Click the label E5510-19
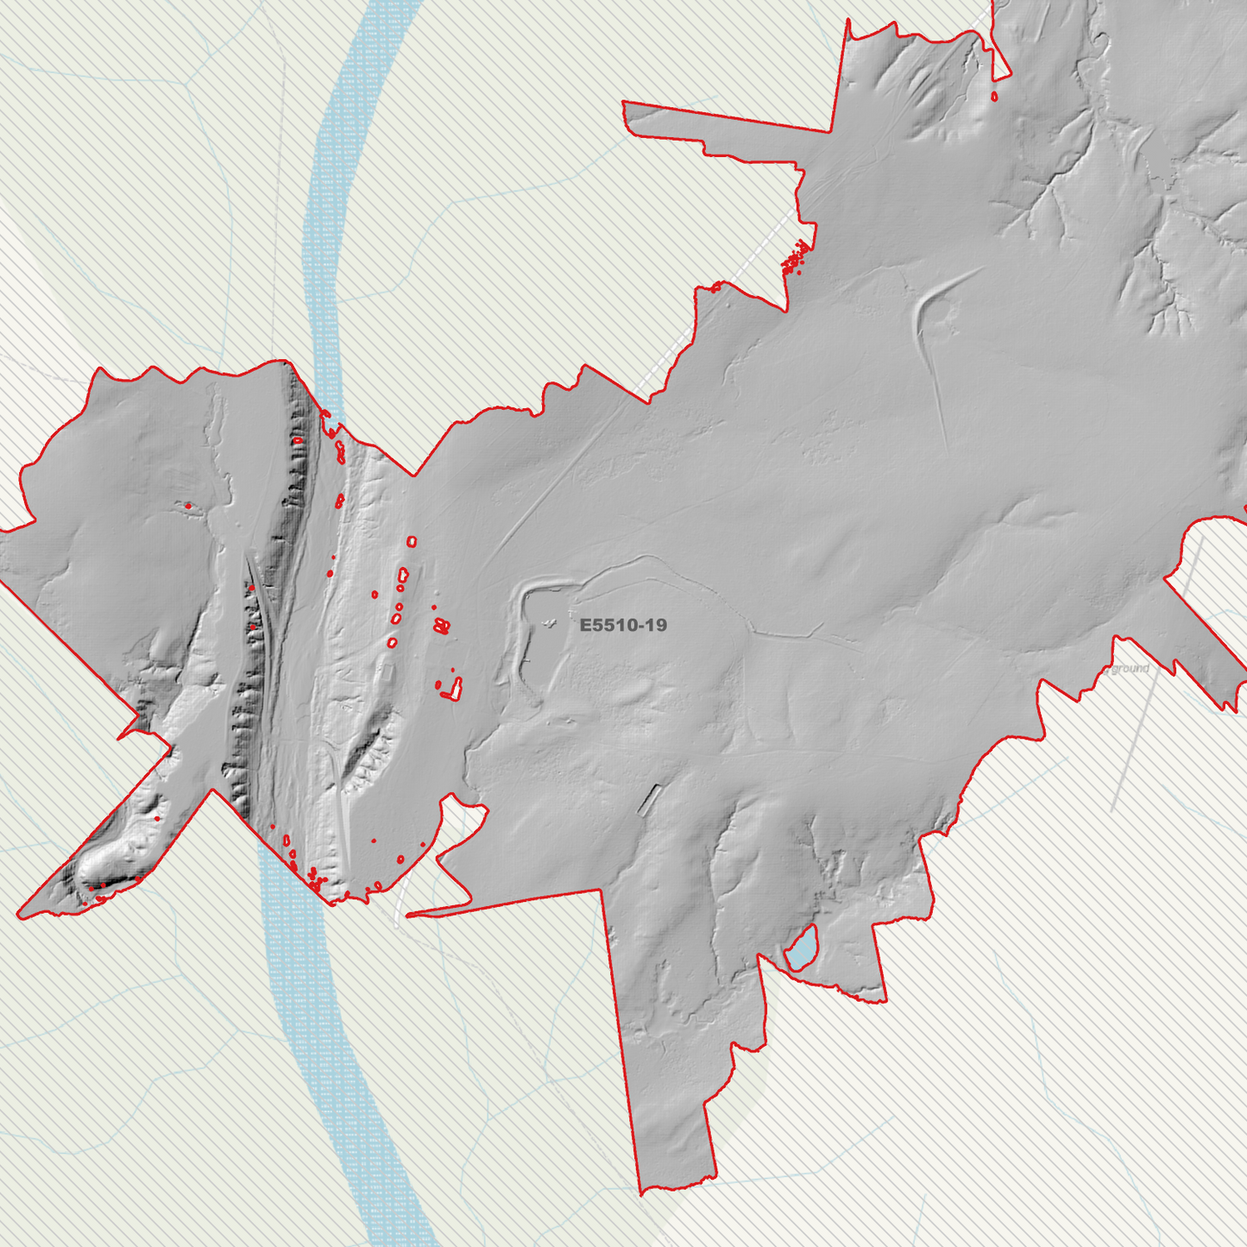point(623,625)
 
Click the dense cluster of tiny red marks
point(796,258)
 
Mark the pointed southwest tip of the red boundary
point(20,916)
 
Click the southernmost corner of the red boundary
point(643,1193)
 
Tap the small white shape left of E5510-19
point(549,622)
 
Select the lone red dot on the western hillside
point(187,506)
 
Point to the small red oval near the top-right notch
point(995,97)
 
